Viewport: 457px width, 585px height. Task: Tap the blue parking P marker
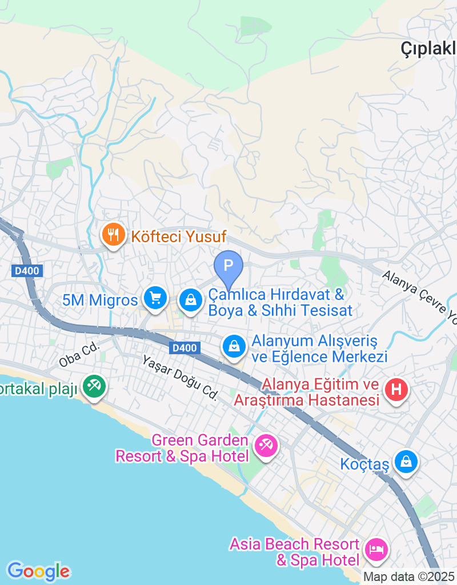(228, 266)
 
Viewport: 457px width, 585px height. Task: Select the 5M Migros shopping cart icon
(155, 298)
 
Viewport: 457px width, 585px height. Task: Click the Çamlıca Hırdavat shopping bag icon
(191, 299)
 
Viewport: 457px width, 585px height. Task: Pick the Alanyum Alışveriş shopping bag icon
(233, 346)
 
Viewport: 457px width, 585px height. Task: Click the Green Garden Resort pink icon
(266, 445)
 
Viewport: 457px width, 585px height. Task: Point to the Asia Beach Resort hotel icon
(376, 549)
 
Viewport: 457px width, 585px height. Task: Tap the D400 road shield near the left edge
(27, 271)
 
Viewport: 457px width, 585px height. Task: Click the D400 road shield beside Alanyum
(185, 347)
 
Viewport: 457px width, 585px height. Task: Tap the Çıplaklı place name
(428, 50)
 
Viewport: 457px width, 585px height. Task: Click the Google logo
(38, 571)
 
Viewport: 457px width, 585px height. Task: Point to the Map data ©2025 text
(409, 577)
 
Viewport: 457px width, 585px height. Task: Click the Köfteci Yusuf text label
(179, 236)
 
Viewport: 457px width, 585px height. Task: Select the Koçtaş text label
(364, 464)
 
